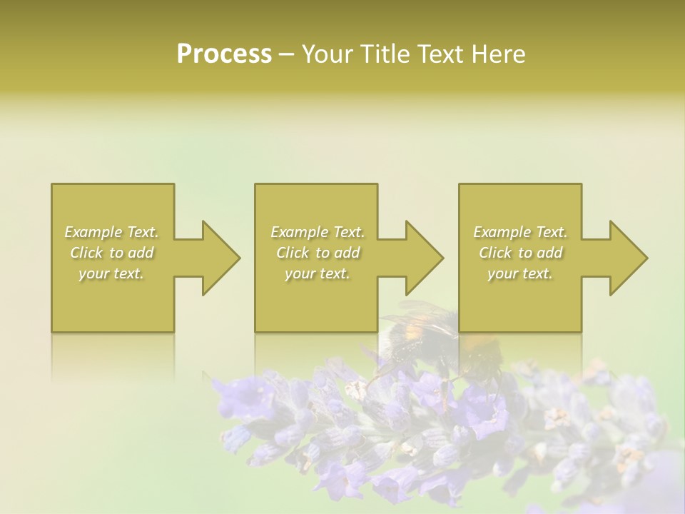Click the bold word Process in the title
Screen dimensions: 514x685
tap(224, 54)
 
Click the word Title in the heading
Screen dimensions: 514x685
tap(383, 54)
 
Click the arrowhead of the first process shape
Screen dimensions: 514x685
tap(220, 258)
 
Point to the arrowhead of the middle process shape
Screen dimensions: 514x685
tap(424, 258)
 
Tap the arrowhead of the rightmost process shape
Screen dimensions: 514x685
tap(628, 258)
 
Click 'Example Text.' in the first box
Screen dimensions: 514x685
tap(111, 232)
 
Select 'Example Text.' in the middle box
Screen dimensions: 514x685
tap(318, 232)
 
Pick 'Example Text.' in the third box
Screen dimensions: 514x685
tap(520, 232)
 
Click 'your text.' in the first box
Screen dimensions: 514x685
tap(111, 273)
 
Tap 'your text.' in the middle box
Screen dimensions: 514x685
tap(318, 273)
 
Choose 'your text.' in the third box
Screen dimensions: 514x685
tap(520, 273)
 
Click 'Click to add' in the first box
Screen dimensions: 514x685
tap(111, 253)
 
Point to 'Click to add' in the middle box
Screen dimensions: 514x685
tap(318, 253)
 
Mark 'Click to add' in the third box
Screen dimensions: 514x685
tap(520, 253)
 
